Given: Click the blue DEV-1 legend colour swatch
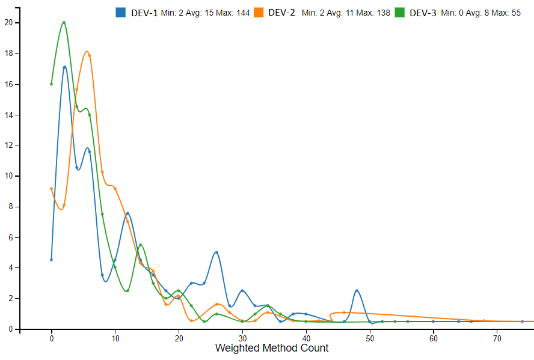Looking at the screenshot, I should (120, 13).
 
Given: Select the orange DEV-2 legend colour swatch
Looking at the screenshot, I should (259, 13).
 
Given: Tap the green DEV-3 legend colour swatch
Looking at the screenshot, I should (400, 13).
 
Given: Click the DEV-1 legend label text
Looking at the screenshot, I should (144, 13).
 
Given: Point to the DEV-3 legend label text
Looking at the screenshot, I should (423, 13).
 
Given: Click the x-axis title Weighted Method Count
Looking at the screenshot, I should (272, 348).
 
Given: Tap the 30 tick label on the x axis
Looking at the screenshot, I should (242, 339).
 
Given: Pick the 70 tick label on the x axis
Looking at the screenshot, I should (497, 339).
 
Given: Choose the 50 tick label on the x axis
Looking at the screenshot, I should (369, 339).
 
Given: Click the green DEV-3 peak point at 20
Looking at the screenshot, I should (64, 23).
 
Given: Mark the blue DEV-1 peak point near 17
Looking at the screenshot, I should (64, 67).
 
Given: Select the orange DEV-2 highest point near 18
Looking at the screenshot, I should (89, 55).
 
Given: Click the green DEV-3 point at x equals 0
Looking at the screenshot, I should (51, 84).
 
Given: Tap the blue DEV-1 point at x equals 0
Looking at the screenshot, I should (51, 260).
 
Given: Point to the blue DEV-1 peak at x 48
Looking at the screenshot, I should (357, 291).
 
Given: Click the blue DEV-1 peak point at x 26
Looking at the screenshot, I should (216, 252).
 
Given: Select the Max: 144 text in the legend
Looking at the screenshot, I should (235, 13).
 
